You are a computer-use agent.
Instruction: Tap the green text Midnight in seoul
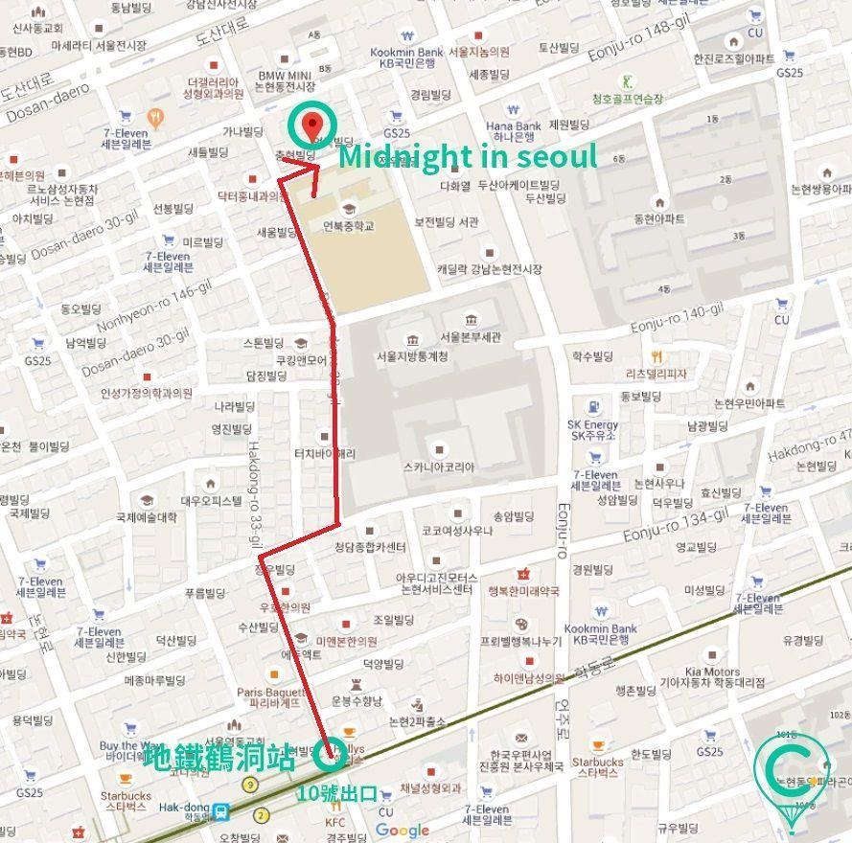pyautogui.click(x=468, y=155)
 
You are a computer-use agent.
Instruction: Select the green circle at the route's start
pyautogui.click(x=331, y=756)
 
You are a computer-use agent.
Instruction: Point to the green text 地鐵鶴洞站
pyautogui.click(x=219, y=759)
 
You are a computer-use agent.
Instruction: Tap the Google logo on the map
pyautogui.click(x=402, y=830)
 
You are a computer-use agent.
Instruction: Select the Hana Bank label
pyautogui.click(x=513, y=125)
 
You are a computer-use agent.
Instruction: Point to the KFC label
pyautogui.click(x=335, y=821)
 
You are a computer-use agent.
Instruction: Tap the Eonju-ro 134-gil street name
pyautogui.click(x=674, y=526)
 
